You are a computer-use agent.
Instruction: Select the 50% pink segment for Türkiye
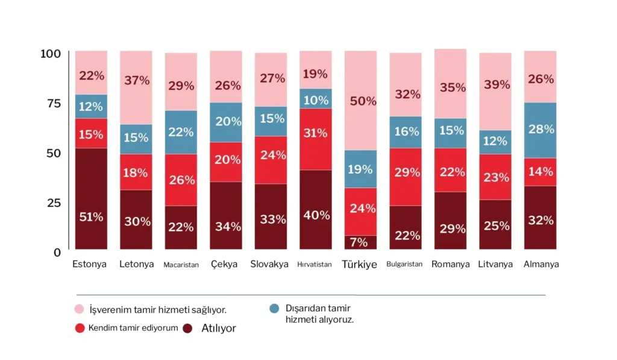360,101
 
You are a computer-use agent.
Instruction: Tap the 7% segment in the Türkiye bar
360,242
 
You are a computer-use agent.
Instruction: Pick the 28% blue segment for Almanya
540,130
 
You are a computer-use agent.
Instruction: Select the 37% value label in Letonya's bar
136,80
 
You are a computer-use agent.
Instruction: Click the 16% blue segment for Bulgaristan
406,132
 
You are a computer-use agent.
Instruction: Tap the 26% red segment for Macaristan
181,180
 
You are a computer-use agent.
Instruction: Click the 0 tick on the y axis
57,252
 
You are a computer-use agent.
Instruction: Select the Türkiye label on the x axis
360,265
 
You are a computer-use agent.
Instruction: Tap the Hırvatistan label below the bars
315,265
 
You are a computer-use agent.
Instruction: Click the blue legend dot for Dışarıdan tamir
275,308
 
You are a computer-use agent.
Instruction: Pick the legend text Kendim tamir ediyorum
133,328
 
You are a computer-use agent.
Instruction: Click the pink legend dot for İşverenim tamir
80,309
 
